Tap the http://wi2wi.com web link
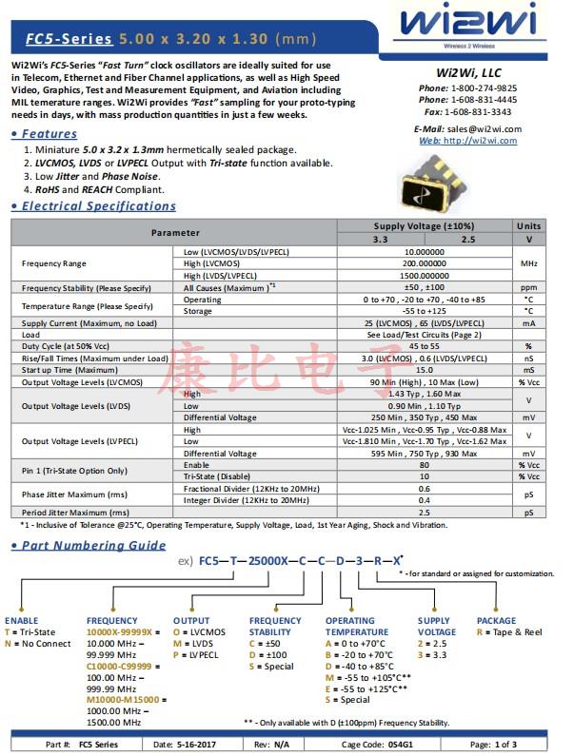click(480, 141)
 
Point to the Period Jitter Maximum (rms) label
click(75, 512)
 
